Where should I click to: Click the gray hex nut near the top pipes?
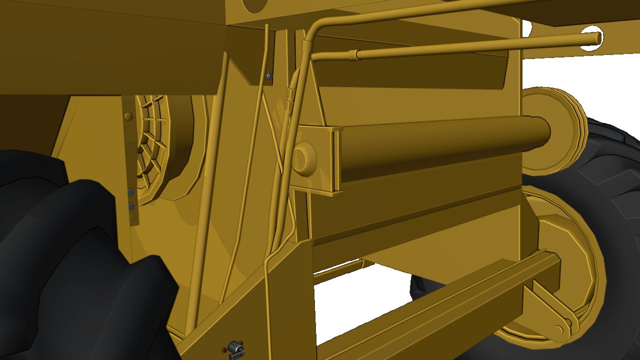click(x=269, y=76)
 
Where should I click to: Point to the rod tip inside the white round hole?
click(x=595, y=37)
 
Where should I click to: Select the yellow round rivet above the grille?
click(x=128, y=116)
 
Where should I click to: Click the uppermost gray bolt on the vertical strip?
click(x=130, y=192)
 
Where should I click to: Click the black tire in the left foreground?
click(x=75, y=270)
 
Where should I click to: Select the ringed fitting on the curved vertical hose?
click(x=290, y=95)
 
